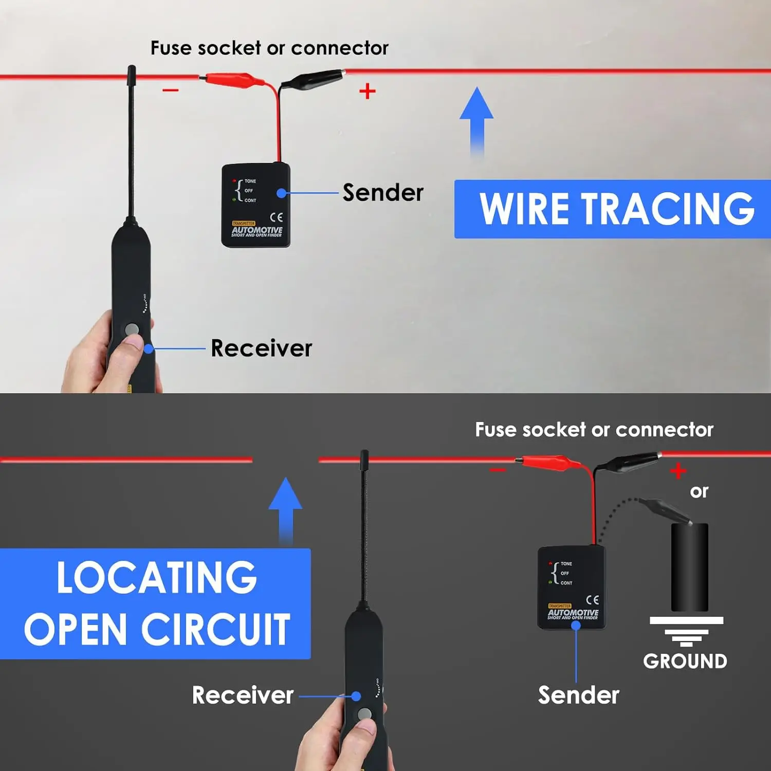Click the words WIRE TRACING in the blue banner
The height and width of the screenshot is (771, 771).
pyautogui.click(x=617, y=209)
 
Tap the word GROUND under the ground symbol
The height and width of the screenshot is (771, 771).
pyautogui.click(x=685, y=661)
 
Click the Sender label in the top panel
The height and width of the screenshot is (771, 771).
pyautogui.click(x=383, y=193)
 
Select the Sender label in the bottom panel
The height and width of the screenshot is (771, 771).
pyautogui.click(x=578, y=695)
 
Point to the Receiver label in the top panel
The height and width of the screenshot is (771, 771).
pyautogui.click(x=261, y=348)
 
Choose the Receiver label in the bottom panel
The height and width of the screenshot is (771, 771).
pyautogui.click(x=243, y=695)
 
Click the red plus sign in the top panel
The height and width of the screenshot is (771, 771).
pyautogui.click(x=367, y=91)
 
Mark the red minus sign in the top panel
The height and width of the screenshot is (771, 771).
pyautogui.click(x=171, y=90)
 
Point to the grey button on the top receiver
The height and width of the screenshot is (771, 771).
pyautogui.click(x=132, y=329)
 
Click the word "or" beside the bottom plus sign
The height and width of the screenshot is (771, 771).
pyautogui.click(x=699, y=491)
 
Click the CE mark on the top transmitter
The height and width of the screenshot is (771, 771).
pyautogui.click(x=277, y=217)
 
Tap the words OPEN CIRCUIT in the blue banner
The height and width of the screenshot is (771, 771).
pyautogui.click(x=157, y=630)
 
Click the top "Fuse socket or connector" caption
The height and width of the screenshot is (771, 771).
pyautogui.click(x=269, y=48)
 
